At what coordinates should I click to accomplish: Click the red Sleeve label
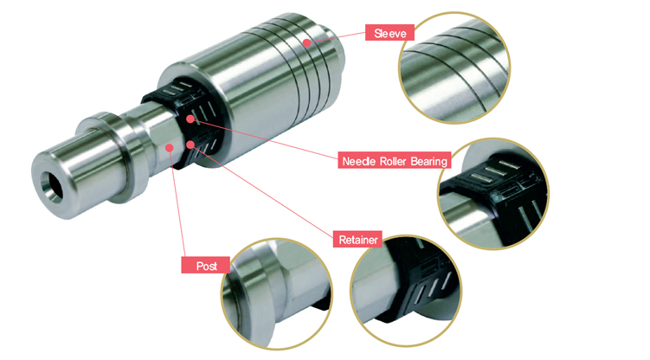point(389,33)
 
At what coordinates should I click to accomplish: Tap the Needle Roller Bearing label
point(394,161)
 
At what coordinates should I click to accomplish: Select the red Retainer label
point(357,240)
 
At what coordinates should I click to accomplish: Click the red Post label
point(206,266)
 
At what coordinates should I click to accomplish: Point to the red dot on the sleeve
point(306,42)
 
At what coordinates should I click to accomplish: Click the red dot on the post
point(170,147)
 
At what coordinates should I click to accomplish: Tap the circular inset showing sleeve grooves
point(454,68)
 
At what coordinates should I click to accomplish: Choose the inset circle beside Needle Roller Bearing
point(492,194)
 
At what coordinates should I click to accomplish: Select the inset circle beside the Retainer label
point(405,292)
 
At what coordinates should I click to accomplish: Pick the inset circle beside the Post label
point(276,293)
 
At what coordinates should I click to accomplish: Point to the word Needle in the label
point(359,161)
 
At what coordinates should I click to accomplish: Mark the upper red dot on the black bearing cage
point(190,119)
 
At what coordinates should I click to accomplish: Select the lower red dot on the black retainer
point(190,145)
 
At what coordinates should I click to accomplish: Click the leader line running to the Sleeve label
point(336,37)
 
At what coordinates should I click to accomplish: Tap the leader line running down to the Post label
point(177,202)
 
